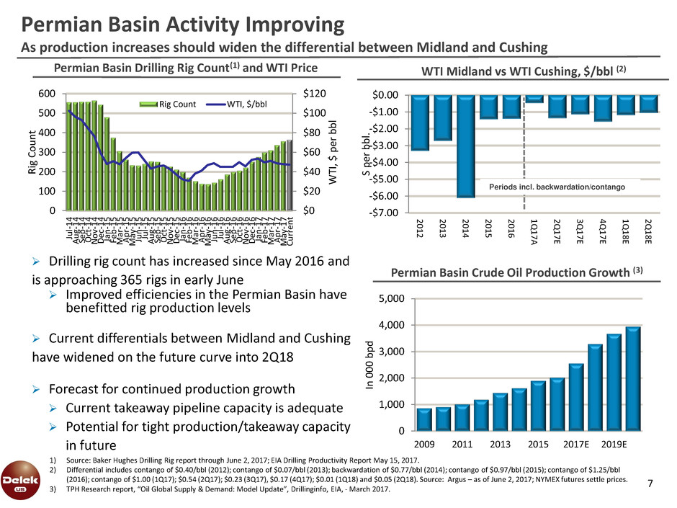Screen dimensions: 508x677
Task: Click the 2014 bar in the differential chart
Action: point(467,146)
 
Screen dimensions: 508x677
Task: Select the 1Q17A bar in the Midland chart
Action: point(534,99)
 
